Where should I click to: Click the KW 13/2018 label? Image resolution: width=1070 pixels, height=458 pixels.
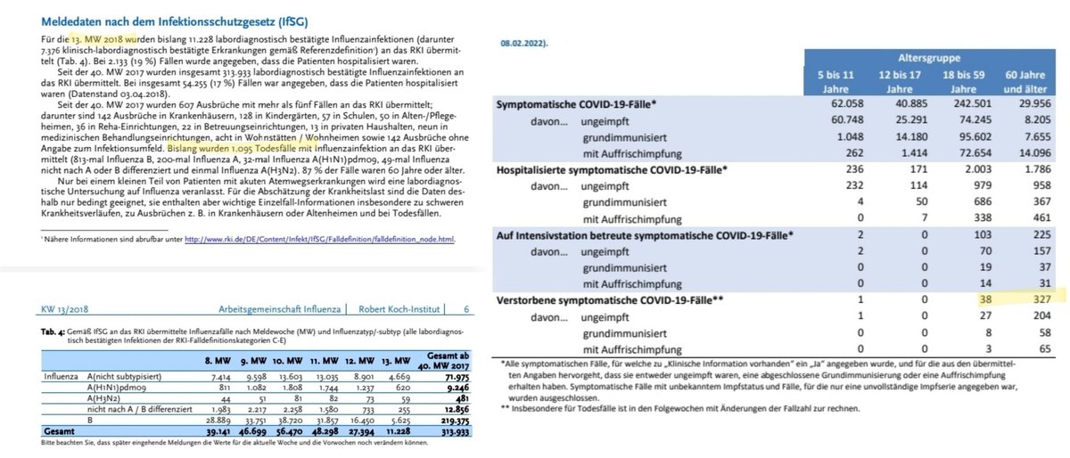click(x=64, y=309)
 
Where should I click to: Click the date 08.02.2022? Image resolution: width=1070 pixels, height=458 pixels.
click(x=523, y=42)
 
